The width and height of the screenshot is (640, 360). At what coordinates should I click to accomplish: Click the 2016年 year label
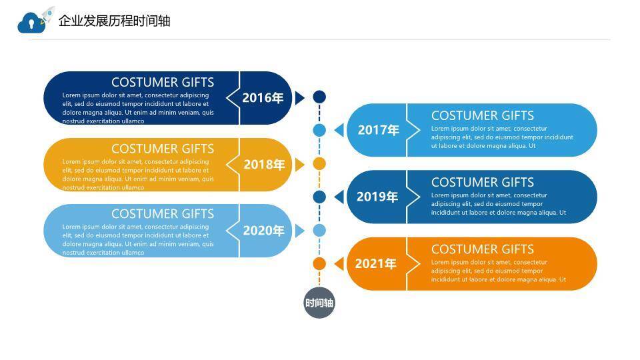point(263,98)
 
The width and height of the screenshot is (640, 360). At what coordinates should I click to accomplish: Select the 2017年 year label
point(378,130)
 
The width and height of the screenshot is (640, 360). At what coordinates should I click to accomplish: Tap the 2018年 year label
point(264,164)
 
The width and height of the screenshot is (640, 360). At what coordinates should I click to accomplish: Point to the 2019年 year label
point(377,197)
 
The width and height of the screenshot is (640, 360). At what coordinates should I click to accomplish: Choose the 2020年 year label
point(263,231)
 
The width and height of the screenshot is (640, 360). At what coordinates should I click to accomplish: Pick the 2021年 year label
point(375,263)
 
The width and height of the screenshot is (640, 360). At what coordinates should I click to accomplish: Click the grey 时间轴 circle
point(319,303)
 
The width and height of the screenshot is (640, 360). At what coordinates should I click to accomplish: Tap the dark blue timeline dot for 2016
point(319,97)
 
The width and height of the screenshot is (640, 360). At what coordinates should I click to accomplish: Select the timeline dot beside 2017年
point(319,130)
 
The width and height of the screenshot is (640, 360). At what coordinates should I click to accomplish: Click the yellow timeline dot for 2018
point(319,164)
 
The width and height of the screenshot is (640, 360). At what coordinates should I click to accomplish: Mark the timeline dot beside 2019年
point(319,197)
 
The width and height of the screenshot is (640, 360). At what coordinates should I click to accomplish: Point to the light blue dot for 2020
point(319,231)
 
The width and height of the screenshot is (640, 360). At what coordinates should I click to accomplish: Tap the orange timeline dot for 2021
point(319,263)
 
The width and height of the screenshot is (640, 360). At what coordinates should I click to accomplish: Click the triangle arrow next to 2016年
point(299,98)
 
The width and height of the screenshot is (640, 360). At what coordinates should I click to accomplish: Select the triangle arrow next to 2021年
point(339,263)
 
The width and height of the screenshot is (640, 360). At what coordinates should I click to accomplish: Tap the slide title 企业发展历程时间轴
point(115,21)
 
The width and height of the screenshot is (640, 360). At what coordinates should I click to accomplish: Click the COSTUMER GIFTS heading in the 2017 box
point(482,115)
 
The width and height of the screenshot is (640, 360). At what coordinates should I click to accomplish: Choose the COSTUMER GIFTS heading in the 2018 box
point(163,149)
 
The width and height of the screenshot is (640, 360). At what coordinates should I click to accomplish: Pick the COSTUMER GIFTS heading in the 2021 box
point(482,249)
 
